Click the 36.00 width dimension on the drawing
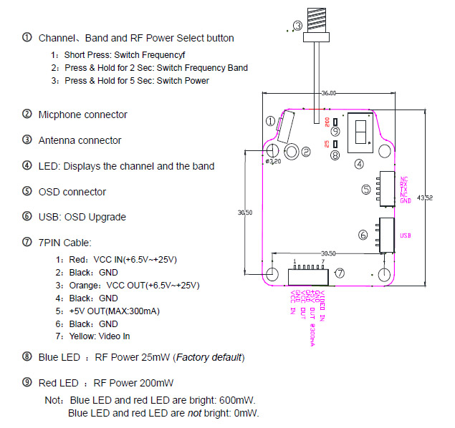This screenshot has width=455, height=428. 329,94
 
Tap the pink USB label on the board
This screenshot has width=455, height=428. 405,234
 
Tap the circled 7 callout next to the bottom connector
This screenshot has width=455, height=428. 340,273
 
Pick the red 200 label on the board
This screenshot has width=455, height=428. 327,121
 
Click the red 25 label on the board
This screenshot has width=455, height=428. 327,144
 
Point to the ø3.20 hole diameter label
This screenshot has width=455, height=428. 273,162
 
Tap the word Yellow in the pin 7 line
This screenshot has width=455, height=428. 81,336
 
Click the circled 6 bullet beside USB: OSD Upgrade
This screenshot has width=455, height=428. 27,217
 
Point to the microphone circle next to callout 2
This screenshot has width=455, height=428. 292,151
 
